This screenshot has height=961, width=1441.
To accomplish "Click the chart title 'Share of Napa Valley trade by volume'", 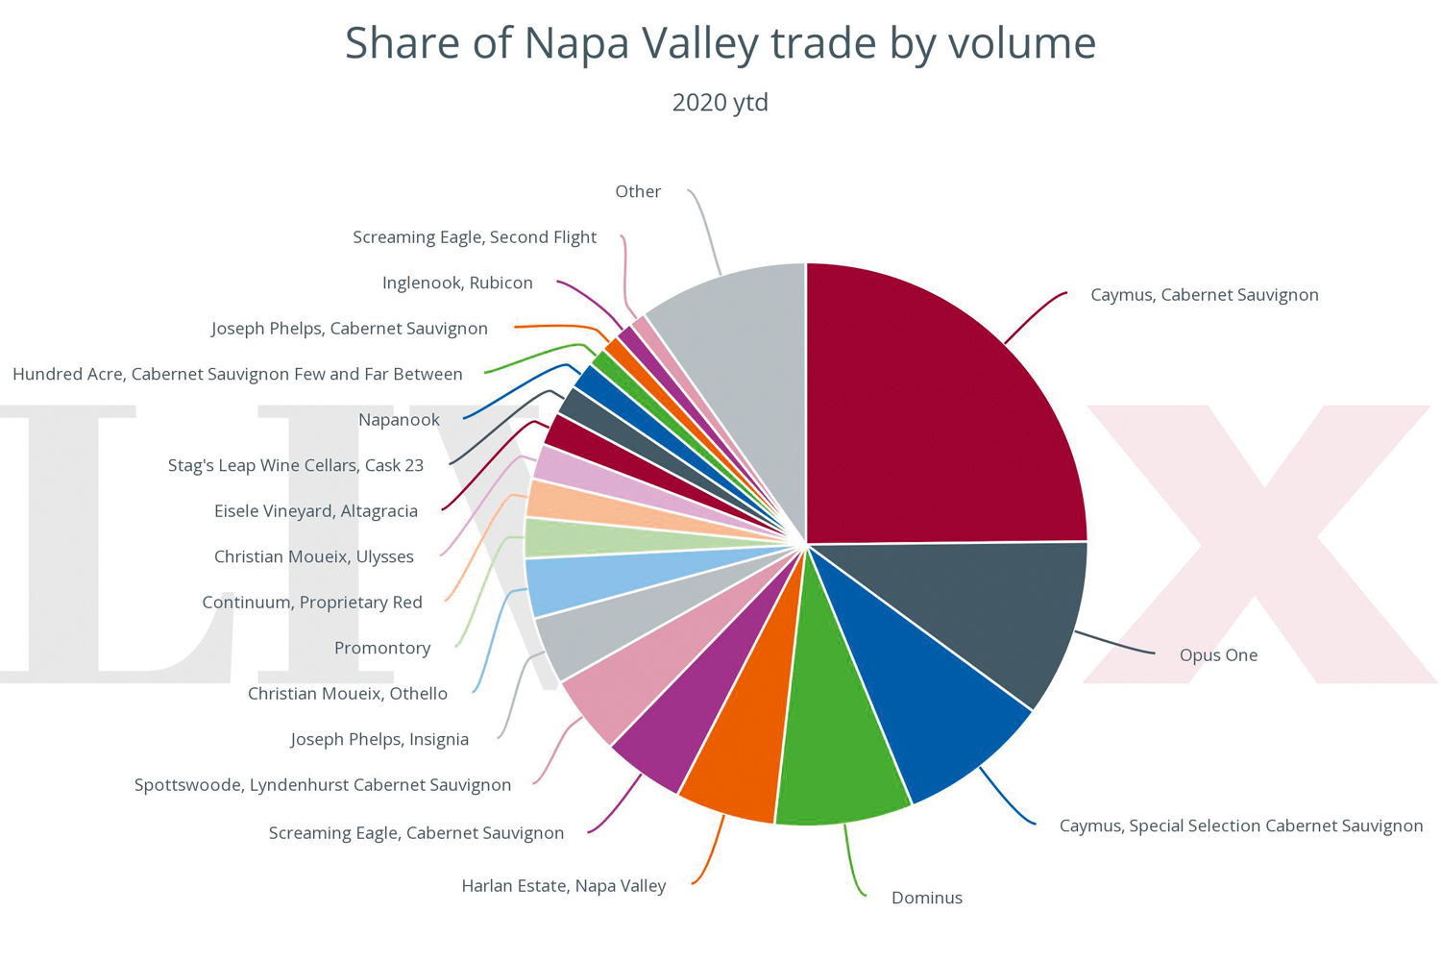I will click(x=720, y=43).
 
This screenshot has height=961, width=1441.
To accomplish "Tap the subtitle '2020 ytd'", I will click(x=720, y=102).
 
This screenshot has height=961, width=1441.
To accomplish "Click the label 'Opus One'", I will click(x=1218, y=655).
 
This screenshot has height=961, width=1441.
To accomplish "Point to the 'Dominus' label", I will click(x=926, y=898).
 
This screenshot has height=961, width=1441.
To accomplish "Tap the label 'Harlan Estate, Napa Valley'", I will click(x=563, y=886).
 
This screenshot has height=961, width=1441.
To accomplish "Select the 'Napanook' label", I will click(x=399, y=420).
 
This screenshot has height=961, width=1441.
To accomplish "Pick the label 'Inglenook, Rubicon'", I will click(x=457, y=283).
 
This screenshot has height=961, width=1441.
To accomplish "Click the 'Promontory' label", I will click(x=382, y=649).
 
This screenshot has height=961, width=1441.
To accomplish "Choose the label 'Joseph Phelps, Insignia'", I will click(x=379, y=740).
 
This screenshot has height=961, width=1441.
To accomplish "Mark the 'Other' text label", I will click(x=638, y=192).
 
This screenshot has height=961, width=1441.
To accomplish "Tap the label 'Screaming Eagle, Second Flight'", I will click(x=475, y=237).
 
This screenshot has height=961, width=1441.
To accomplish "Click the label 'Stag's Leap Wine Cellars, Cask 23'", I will click(x=295, y=466).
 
